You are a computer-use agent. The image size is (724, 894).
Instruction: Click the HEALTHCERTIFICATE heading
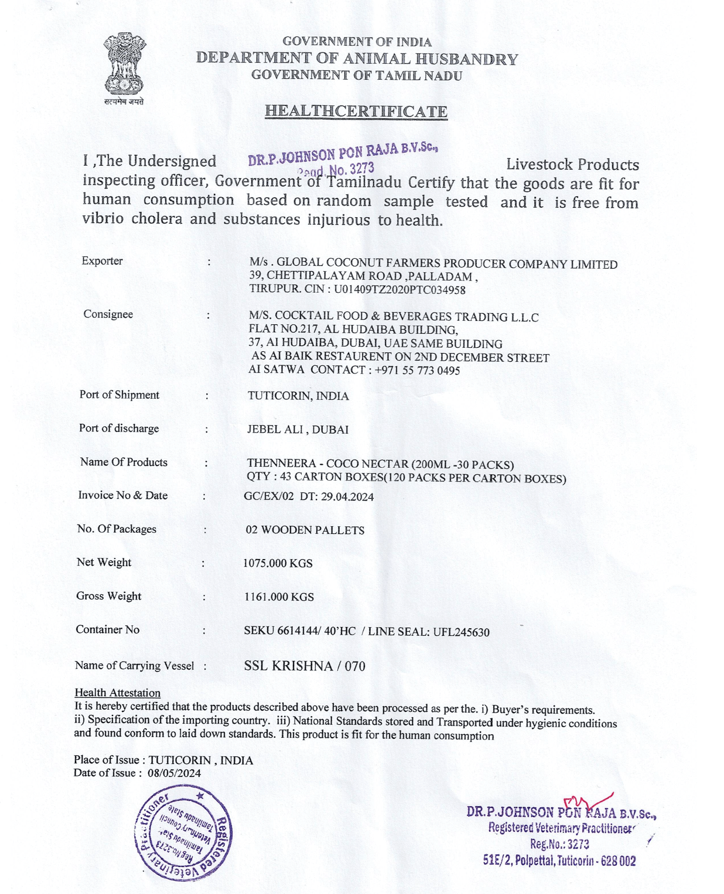(356, 111)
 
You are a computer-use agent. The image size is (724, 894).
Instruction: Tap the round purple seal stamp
(183, 832)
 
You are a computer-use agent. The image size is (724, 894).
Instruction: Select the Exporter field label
(102, 261)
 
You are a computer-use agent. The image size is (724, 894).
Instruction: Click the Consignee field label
(108, 314)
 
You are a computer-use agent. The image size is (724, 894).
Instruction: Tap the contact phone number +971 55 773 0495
(417, 371)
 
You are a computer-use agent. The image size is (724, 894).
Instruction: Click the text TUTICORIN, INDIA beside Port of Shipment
(298, 396)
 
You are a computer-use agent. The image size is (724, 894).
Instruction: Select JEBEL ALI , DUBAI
(298, 429)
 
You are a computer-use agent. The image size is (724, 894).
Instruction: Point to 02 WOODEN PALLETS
(305, 530)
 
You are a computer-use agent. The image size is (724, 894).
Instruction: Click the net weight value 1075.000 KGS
(278, 563)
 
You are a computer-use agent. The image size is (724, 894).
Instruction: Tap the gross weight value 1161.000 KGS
(279, 597)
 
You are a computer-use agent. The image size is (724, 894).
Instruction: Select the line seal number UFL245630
(461, 632)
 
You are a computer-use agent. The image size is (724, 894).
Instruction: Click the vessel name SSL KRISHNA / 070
(305, 666)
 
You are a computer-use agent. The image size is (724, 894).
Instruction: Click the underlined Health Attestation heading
(117, 693)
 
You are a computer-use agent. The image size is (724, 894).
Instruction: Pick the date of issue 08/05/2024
(174, 773)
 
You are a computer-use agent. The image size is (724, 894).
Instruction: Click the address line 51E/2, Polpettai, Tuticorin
(559, 861)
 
